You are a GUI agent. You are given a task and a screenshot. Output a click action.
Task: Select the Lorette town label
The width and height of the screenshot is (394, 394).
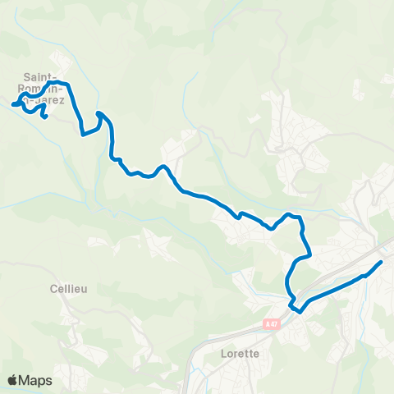point(241,354)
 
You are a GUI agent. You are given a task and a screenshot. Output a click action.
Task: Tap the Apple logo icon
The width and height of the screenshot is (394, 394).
point(12,380)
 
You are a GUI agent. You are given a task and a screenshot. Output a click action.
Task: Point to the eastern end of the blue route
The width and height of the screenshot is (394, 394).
point(382,262)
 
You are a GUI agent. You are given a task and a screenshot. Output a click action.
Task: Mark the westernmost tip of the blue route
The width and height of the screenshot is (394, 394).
point(12,105)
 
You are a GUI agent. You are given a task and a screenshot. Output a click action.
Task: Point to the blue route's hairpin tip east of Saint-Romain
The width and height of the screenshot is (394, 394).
point(98,113)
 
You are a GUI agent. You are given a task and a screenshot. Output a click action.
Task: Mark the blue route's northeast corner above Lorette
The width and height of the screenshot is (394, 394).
point(300,219)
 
